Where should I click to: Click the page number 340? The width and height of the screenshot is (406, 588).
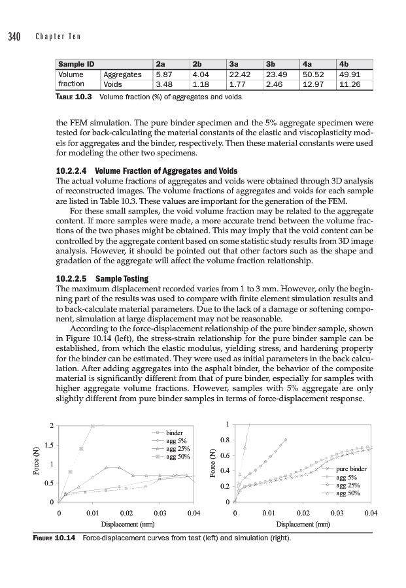click(14, 36)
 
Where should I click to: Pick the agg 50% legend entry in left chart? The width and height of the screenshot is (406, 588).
click(178, 456)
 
